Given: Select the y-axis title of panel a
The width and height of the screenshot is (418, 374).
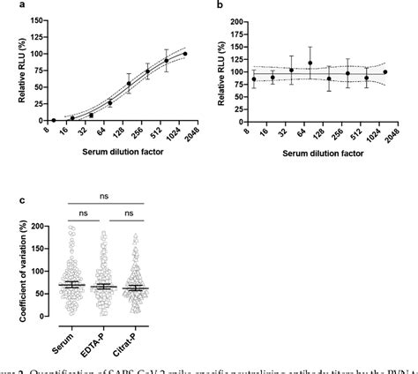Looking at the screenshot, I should [10, 71].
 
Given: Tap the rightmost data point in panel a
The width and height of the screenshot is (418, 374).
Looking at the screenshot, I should [185, 54].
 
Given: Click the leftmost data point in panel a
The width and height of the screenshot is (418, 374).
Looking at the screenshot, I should [54, 120].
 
